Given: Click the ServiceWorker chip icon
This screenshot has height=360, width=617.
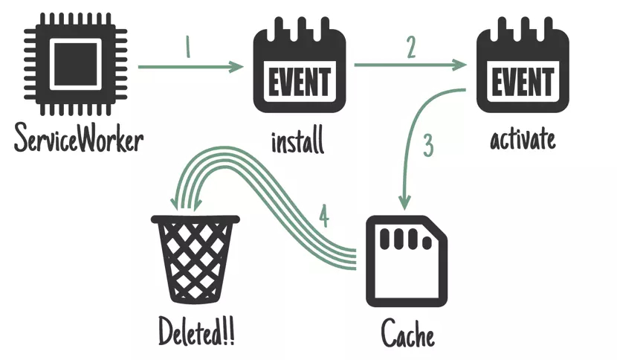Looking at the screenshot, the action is (76, 64).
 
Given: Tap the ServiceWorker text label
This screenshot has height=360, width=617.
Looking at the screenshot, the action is (79, 138).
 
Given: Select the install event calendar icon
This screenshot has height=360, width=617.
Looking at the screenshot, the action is (300, 65).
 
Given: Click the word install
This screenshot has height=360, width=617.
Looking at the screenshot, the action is (298, 141).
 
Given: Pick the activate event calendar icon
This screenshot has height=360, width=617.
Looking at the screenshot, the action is (523, 65).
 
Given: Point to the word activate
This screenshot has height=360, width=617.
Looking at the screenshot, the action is (523, 139).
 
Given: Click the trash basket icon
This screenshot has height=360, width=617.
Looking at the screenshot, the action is (196, 259).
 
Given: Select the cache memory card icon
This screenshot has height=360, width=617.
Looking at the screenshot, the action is (407, 261).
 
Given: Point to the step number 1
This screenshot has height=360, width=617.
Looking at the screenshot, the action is (187, 47).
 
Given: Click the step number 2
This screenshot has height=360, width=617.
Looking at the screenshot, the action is (411, 47).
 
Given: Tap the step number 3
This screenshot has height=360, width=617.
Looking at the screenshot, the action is (428, 145).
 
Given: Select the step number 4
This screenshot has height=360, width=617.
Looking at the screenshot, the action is (324, 216).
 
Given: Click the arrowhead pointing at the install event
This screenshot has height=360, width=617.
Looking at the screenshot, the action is (237, 66).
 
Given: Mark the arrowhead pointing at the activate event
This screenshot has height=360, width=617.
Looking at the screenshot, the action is (459, 65).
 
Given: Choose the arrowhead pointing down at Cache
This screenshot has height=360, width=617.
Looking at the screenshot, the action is (404, 203).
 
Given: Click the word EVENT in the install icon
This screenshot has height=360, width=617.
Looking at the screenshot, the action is (300, 82).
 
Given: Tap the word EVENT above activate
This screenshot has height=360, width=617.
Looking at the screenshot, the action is (523, 82).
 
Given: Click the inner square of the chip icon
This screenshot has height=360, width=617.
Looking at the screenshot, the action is (76, 64).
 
